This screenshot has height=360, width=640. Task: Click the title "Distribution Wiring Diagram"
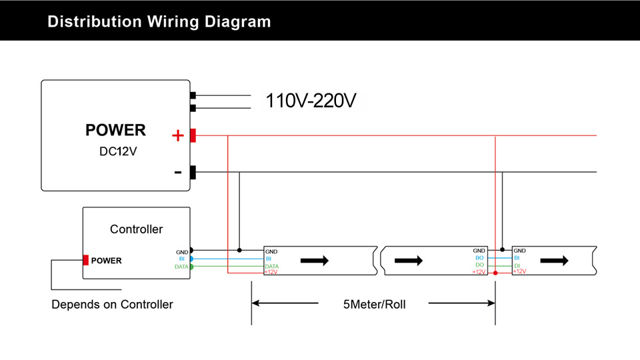(159, 21)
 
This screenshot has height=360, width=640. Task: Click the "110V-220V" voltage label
(311, 101)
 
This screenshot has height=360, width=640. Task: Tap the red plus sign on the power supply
(178, 135)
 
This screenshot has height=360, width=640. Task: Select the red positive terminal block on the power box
(193, 135)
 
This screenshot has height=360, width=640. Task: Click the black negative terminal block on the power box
(193, 172)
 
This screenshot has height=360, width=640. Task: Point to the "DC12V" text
(118, 151)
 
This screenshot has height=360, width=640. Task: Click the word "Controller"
(136, 229)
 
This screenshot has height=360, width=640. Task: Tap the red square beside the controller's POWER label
(86, 260)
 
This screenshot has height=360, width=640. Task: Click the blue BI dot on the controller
(191, 259)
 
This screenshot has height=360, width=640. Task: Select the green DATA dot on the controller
(191, 267)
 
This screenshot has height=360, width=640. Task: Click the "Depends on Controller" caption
(112, 305)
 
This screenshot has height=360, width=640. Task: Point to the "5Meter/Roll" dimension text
(374, 305)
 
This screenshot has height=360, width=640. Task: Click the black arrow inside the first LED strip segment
(314, 261)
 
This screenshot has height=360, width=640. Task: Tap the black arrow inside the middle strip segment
(409, 261)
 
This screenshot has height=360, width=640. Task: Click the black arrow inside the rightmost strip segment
(554, 261)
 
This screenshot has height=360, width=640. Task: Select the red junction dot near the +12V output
(495, 273)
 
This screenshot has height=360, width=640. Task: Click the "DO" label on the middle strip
(479, 265)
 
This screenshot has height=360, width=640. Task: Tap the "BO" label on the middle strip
(479, 258)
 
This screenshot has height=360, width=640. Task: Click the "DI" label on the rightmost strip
(517, 266)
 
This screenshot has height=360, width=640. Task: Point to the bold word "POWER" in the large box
(115, 130)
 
